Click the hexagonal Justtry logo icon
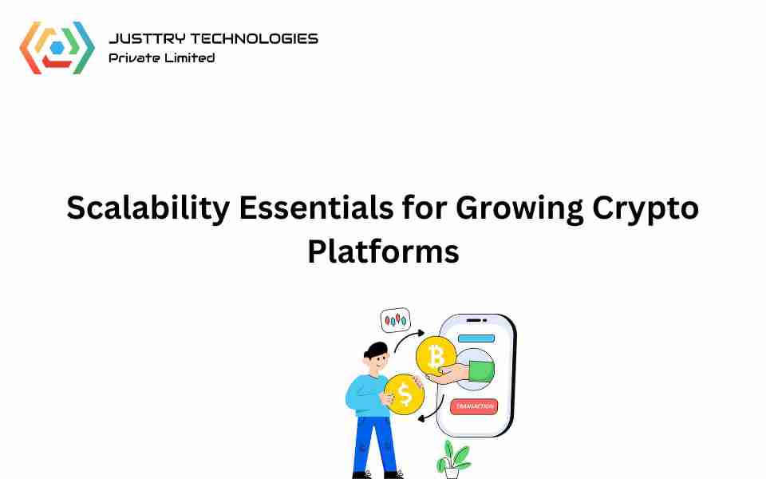pyautogui.click(x=57, y=48)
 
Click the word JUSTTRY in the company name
pyautogui.click(x=147, y=38)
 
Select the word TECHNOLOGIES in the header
pyautogui.click(x=254, y=38)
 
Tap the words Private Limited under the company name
pyautogui.click(x=162, y=57)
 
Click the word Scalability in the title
pyautogui.click(x=148, y=208)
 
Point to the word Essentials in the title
pyautogui.click(x=316, y=208)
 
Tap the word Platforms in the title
pyautogui.click(x=384, y=251)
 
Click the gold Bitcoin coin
pyautogui.click(x=436, y=356)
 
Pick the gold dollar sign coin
pyautogui.click(x=404, y=394)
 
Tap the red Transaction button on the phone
pyautogui.click(x=474, y=406)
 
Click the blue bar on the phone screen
pyautogui.click(x=476, y=338)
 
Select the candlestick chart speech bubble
pyautogui.click(x=395, y=320)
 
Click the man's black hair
pyautogui.click(x=377, y=350)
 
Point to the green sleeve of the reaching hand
pyautogui.click(x=481, y=371)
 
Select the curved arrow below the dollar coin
pyautogui.click(x=433, y=410)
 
